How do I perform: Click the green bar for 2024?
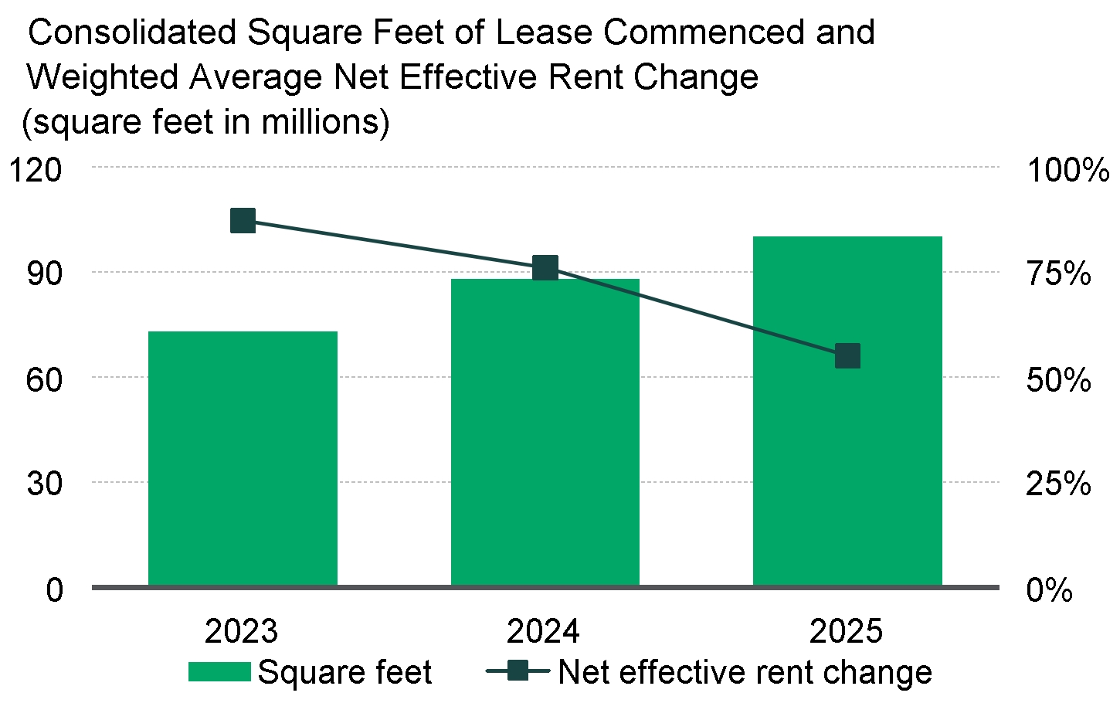tap(545, 433)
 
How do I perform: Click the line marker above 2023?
tap(243, 221)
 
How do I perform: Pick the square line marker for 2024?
tap(546, 268)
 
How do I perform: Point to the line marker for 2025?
tap(848, 356)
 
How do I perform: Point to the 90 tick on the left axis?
tap(44, 273)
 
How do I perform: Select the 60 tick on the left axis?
tap(44, 379)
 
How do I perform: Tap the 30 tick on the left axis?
tap(44, 484)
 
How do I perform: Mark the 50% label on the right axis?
tap(1058, 380)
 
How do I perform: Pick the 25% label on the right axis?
tap(1058, 485)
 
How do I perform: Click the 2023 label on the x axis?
tap(241, 632)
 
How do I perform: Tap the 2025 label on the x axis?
tap(846, 632)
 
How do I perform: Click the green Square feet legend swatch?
tap(219, 672)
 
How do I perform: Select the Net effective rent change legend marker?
tap(519, 671)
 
